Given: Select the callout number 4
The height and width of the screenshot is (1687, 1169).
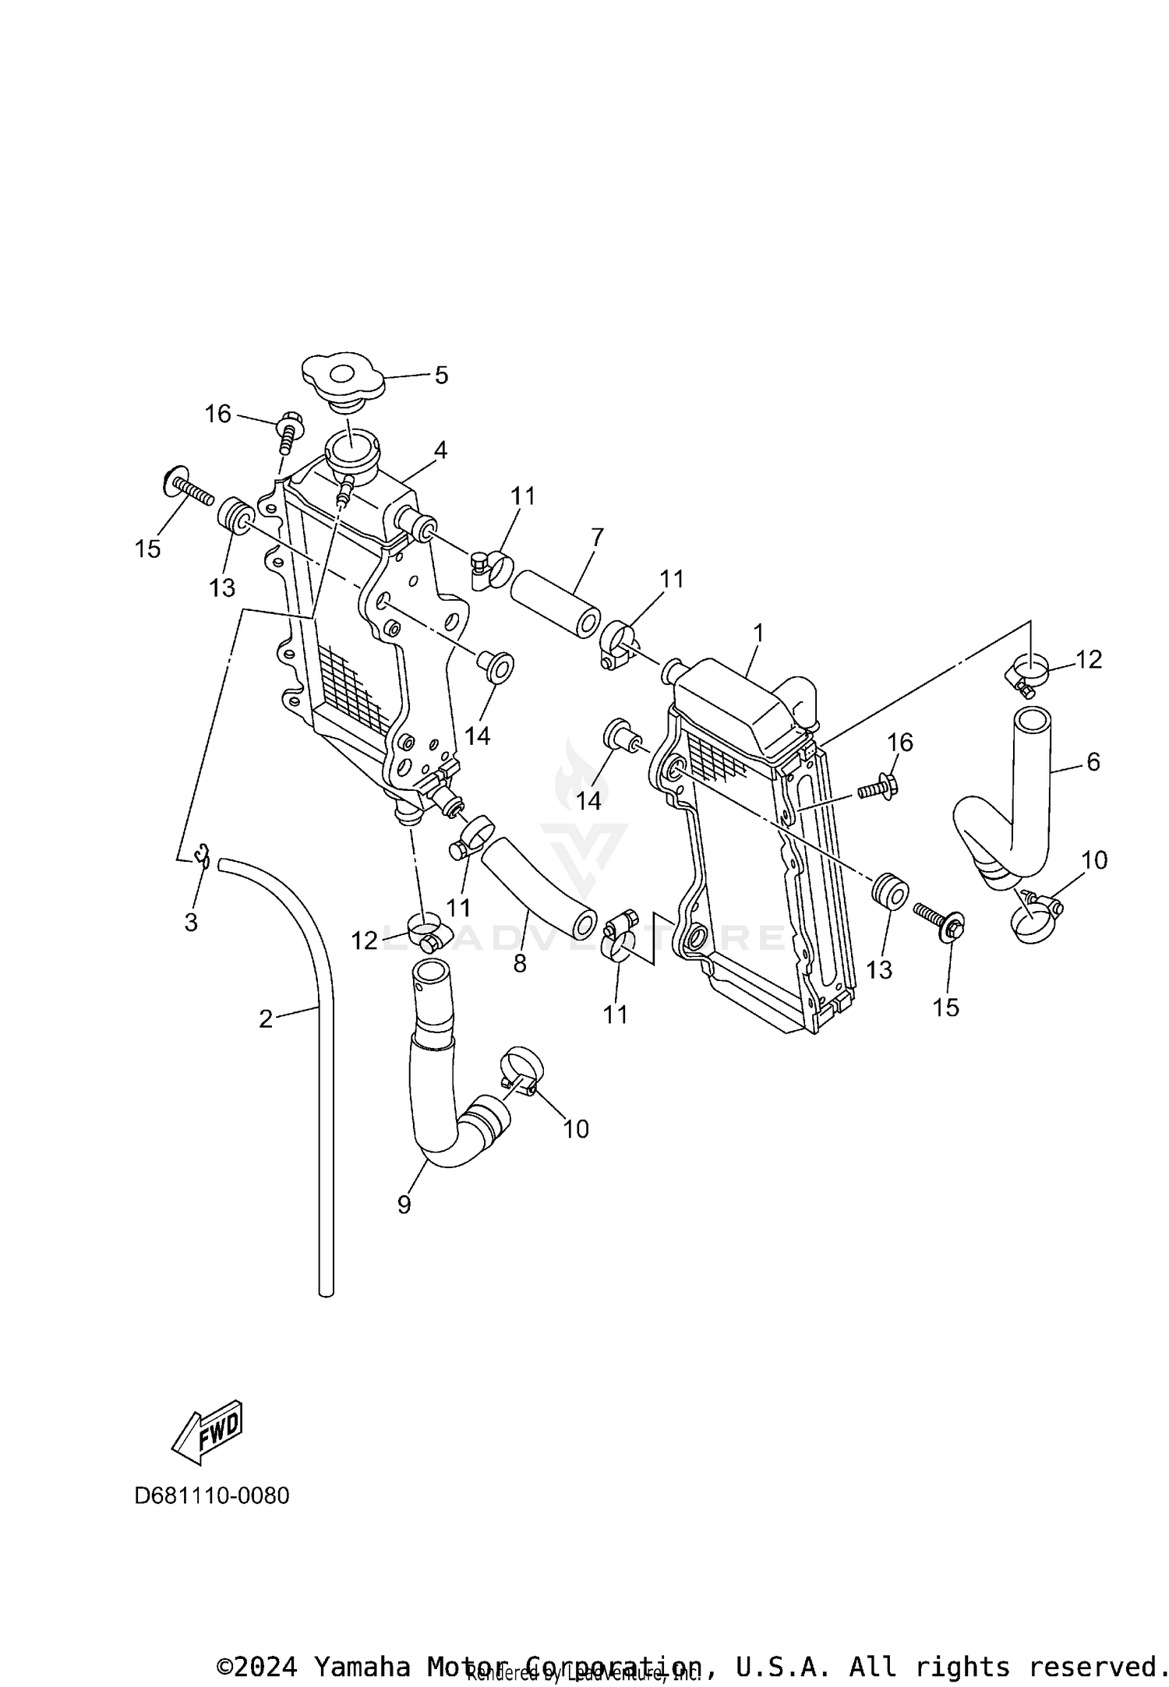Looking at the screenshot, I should [x=440, y=450].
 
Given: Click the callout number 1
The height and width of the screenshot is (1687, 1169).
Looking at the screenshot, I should [x=758, y=633].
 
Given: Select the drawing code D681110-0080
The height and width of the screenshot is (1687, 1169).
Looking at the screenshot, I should [x=212, y=1496].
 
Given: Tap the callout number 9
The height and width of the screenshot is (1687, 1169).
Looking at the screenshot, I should [x=404, y=1205].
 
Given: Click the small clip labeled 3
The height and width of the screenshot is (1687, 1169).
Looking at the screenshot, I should [x=203, y=855].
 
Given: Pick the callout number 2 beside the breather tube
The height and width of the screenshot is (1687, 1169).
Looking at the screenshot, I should [x=266, y=1018].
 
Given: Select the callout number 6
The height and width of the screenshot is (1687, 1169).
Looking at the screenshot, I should [x=1093, y=762].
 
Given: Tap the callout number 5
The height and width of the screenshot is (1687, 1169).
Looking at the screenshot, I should [x=441, y=376].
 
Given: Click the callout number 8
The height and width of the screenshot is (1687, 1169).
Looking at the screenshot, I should [x=520, y=964].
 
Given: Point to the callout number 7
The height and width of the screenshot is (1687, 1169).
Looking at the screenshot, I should [x=597, y=537].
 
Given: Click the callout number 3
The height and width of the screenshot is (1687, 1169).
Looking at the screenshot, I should [x=191, y=923].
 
